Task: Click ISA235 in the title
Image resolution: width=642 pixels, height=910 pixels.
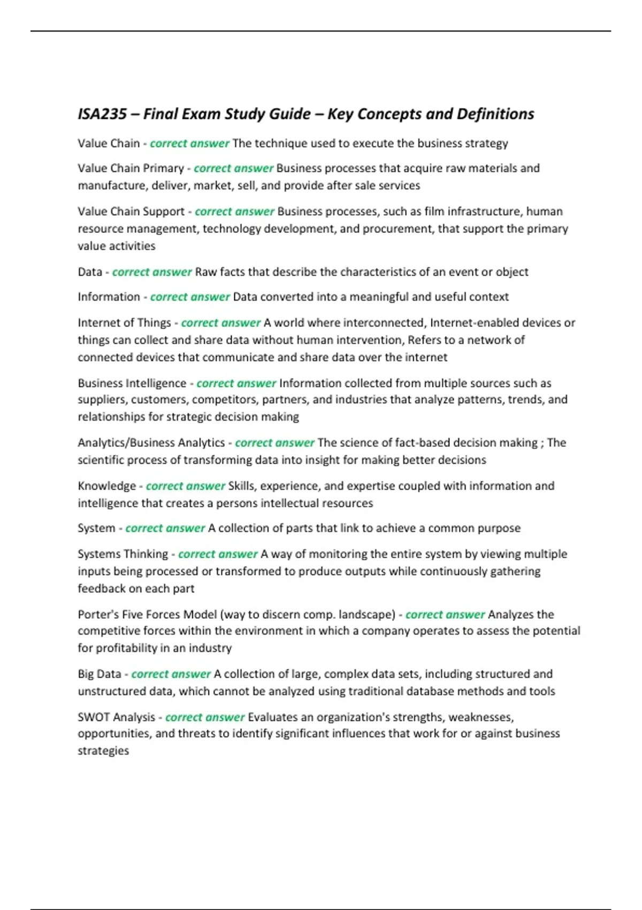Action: (102, 114)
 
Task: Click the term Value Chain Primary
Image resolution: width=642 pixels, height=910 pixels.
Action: (131, 168)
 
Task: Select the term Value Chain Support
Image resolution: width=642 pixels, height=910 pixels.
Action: (131, 211)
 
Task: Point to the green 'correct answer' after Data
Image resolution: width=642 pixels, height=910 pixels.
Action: (152, 272)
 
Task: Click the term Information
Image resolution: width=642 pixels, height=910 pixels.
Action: (109, 297)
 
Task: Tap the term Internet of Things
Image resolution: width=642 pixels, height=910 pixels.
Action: (124, 323)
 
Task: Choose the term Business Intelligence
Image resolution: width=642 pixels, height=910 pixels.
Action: (132, 383)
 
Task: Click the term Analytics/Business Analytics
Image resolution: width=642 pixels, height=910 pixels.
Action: (151, 443)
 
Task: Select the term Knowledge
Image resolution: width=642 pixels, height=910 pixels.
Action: (107, 486)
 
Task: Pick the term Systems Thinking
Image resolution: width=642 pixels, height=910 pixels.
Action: (123, 554)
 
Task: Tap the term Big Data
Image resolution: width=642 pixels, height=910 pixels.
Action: (100, 674)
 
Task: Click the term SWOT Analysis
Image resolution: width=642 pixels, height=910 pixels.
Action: (116, 717)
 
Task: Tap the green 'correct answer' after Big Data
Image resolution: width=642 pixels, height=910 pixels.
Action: (171, 674)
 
